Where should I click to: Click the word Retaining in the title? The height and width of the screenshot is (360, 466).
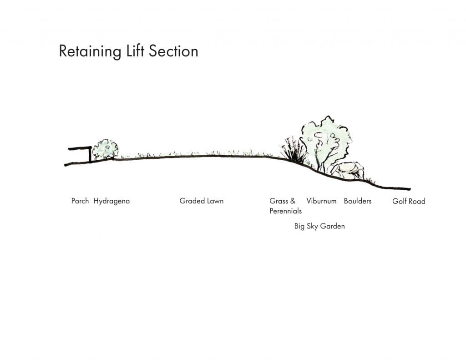[x=90, y=51]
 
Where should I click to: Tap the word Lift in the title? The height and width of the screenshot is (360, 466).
[x=135, y=51]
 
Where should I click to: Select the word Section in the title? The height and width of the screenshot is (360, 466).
[x=173, y=51]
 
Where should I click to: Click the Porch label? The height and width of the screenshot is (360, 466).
[x=80, y=201]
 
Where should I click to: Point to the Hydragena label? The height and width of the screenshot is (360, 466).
[x=111, y=201]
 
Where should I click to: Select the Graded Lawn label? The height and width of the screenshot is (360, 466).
[x=202, y=201]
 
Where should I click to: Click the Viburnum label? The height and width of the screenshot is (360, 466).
[x=321, y=201]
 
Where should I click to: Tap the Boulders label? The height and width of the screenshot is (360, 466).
[x=358, y=201]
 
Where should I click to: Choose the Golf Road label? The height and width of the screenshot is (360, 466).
[x=409, y=201]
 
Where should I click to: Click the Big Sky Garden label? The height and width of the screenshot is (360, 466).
[x=319, y=226]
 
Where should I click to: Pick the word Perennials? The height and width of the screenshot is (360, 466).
[x=285, y=211]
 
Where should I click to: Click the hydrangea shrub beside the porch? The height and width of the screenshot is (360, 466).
[x=105, y=149]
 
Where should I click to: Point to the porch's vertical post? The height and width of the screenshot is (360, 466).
[x=90, y=155]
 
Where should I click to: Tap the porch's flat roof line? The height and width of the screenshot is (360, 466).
[x=80, y=148]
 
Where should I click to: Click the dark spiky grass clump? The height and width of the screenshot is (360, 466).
[x=294, y=151]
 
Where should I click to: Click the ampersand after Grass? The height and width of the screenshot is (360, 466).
[x=293, y=201]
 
